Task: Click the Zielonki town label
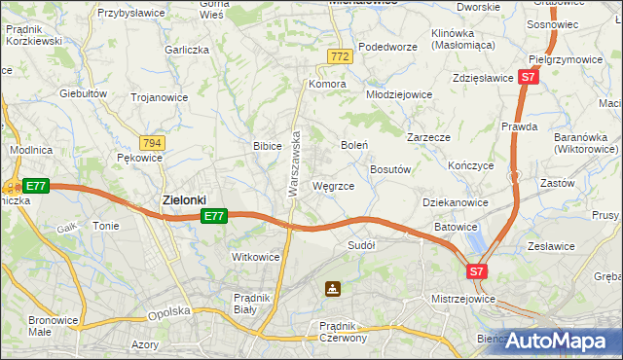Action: pyautogui.click(x=183, y=200)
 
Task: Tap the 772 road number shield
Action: pyautogui.click(x=339, y=58)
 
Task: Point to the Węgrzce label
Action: pyautogui.click(x=333, y=185)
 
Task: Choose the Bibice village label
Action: pyautogui.click(x=268, y=146)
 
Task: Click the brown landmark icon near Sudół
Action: pyautogui.click(x=333, y=288)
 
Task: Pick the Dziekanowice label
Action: pyautogui.click(x=455, y=201)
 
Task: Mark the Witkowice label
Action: pyautogui.click(x=256, y=257)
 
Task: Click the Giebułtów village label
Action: pyautogui.click(x=83, y=93)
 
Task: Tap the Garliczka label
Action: pyautogui.click(x=188, y=49)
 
